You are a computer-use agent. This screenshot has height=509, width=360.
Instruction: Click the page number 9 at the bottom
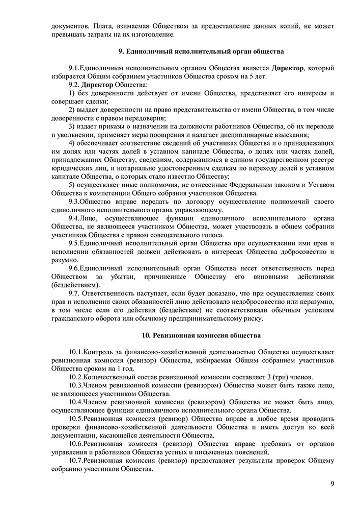tap(331, 484)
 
